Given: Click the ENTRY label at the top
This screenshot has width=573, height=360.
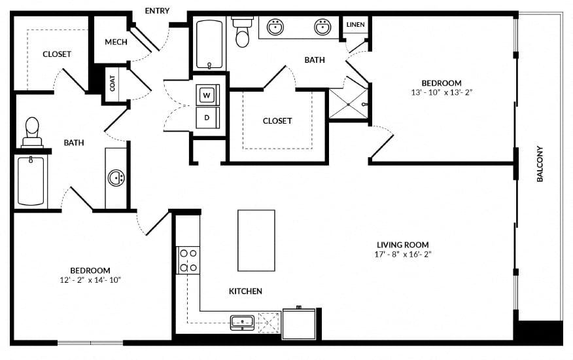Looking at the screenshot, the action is [157, 10].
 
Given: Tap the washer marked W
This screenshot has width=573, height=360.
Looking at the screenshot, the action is [207, 96].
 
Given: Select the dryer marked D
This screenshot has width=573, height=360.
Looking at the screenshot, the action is [207, 118].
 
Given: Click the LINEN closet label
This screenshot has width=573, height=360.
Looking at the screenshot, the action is [355, 24].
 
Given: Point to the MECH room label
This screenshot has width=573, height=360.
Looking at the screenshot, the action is [116, 42].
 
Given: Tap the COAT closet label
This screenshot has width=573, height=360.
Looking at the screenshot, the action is [113, 83].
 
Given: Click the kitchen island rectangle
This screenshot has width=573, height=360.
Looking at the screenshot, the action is [256, 240].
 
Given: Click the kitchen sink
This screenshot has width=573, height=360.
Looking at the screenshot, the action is [242, 322].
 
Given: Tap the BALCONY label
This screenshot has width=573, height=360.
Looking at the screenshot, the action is [540, 164].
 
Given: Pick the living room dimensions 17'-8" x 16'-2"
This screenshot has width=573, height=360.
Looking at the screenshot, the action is [403, 255].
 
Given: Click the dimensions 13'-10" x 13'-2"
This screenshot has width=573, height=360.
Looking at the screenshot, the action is [442, 92].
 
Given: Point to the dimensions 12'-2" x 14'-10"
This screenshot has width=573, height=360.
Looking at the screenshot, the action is [90, 280].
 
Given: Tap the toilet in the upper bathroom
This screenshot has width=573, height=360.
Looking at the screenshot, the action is [242, 32].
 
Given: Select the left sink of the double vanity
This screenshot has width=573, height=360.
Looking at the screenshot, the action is [275, 27].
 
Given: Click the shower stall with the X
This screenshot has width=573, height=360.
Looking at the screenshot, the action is [348, 104].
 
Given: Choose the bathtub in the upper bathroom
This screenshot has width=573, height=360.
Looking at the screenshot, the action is [209, 45].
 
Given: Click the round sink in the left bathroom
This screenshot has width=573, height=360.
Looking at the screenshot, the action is [116, 178].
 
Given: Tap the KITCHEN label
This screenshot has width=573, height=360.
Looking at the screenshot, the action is [245, 291].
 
